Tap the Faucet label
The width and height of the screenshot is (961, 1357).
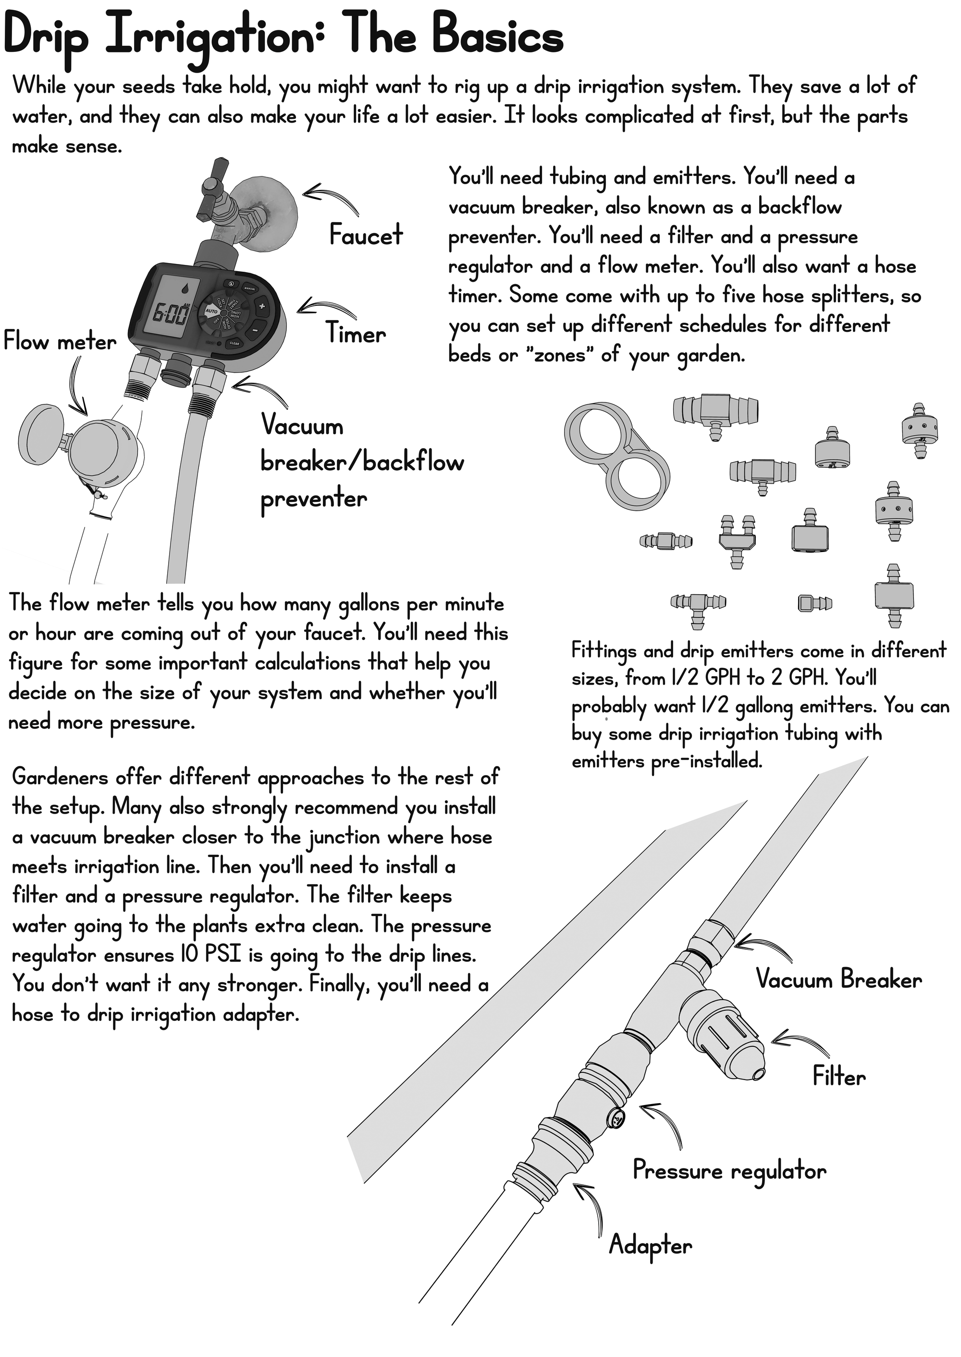click(366, 235)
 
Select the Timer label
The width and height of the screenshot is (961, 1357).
click(356, 334)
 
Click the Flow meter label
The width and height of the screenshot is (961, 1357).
click(60, 341)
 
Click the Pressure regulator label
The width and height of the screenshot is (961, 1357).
click(729, 1170)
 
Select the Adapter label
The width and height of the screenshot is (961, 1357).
click(650, 1245)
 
